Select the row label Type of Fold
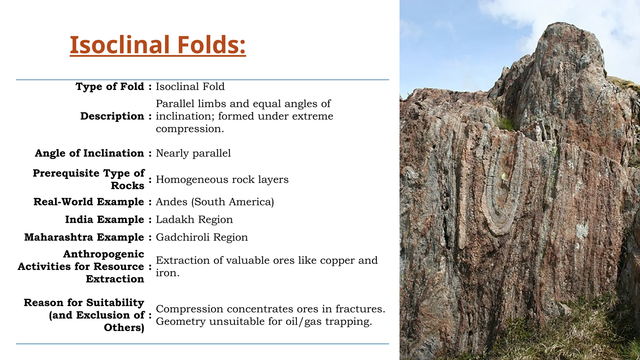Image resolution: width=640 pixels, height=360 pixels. point(110,87)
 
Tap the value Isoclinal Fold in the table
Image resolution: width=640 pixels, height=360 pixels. point(190,87)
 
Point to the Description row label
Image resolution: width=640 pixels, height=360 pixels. point(112,116)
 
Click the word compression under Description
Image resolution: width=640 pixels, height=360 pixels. point(190,129)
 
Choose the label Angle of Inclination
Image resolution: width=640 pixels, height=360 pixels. point(89,153)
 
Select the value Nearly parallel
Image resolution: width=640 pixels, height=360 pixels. point(193,153)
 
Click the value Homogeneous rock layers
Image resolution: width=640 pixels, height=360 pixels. point(222,180)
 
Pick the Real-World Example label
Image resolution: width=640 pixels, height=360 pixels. point(88,202)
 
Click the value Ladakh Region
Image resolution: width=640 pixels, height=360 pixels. point(194,220)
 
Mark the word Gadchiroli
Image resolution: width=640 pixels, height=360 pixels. point(182,237)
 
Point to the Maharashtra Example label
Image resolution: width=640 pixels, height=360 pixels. point(84,237)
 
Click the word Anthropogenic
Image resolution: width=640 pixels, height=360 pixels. point(103,254)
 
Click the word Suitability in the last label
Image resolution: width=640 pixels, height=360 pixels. point(115,303)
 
